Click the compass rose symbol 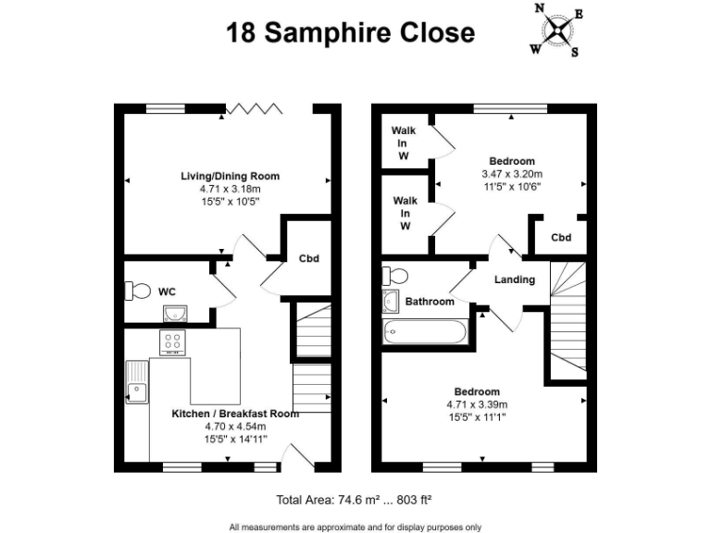tap(556, 31)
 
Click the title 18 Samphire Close tap(351, 33)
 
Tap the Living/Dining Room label tap(231, 176)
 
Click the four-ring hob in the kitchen tap(172, 343)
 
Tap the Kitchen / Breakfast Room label tap(235, 414)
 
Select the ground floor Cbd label tap(308, 258)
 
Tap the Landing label tap(514, 279)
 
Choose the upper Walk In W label tap(404, 143)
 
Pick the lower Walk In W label tap(404, 213)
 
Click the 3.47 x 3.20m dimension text tap(511, 173)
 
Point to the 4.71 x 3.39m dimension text tap(478, 404)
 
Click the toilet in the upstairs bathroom tap(394, 276)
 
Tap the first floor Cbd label tap(561, 238)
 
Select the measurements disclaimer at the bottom tap(355, 527)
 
